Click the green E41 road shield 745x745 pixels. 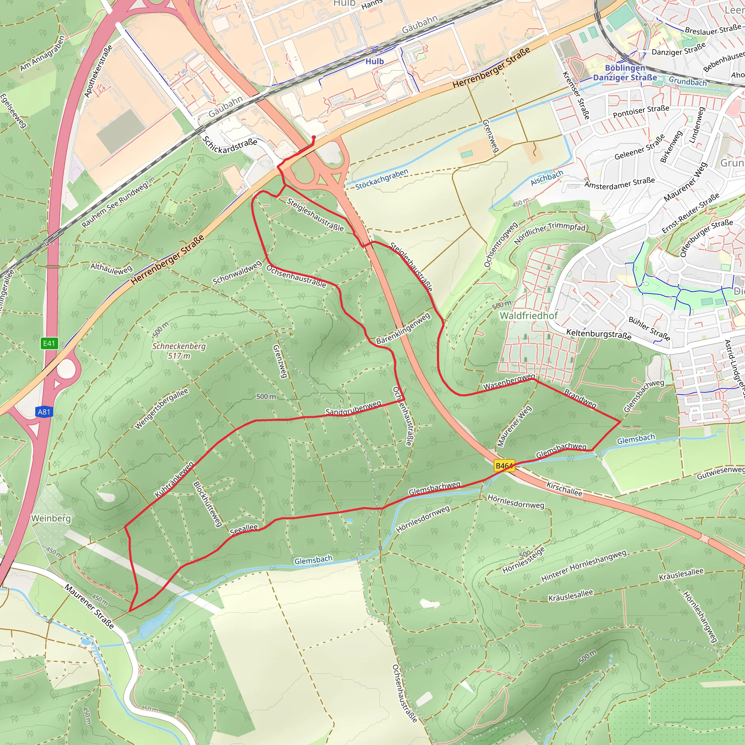point(49,343)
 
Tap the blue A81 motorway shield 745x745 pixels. point(44,412)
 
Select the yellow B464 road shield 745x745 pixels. point(504,466)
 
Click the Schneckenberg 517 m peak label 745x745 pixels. point(179,351)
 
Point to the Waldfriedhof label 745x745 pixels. point(529,315)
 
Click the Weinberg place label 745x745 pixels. point(51,518)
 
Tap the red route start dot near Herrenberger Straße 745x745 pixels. point(314,137)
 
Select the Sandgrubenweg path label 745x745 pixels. point(353,408)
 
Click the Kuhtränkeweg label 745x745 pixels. point(174,480)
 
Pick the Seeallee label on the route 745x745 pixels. point(244,529)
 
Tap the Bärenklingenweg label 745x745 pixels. point(403,328)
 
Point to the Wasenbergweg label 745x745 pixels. point(509,381)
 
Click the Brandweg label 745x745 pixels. point(580,398)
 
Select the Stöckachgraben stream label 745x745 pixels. point(381,179)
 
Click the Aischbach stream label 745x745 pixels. point(547,178)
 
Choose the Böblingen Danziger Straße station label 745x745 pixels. point(625,72)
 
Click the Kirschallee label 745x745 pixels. point(564,489)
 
